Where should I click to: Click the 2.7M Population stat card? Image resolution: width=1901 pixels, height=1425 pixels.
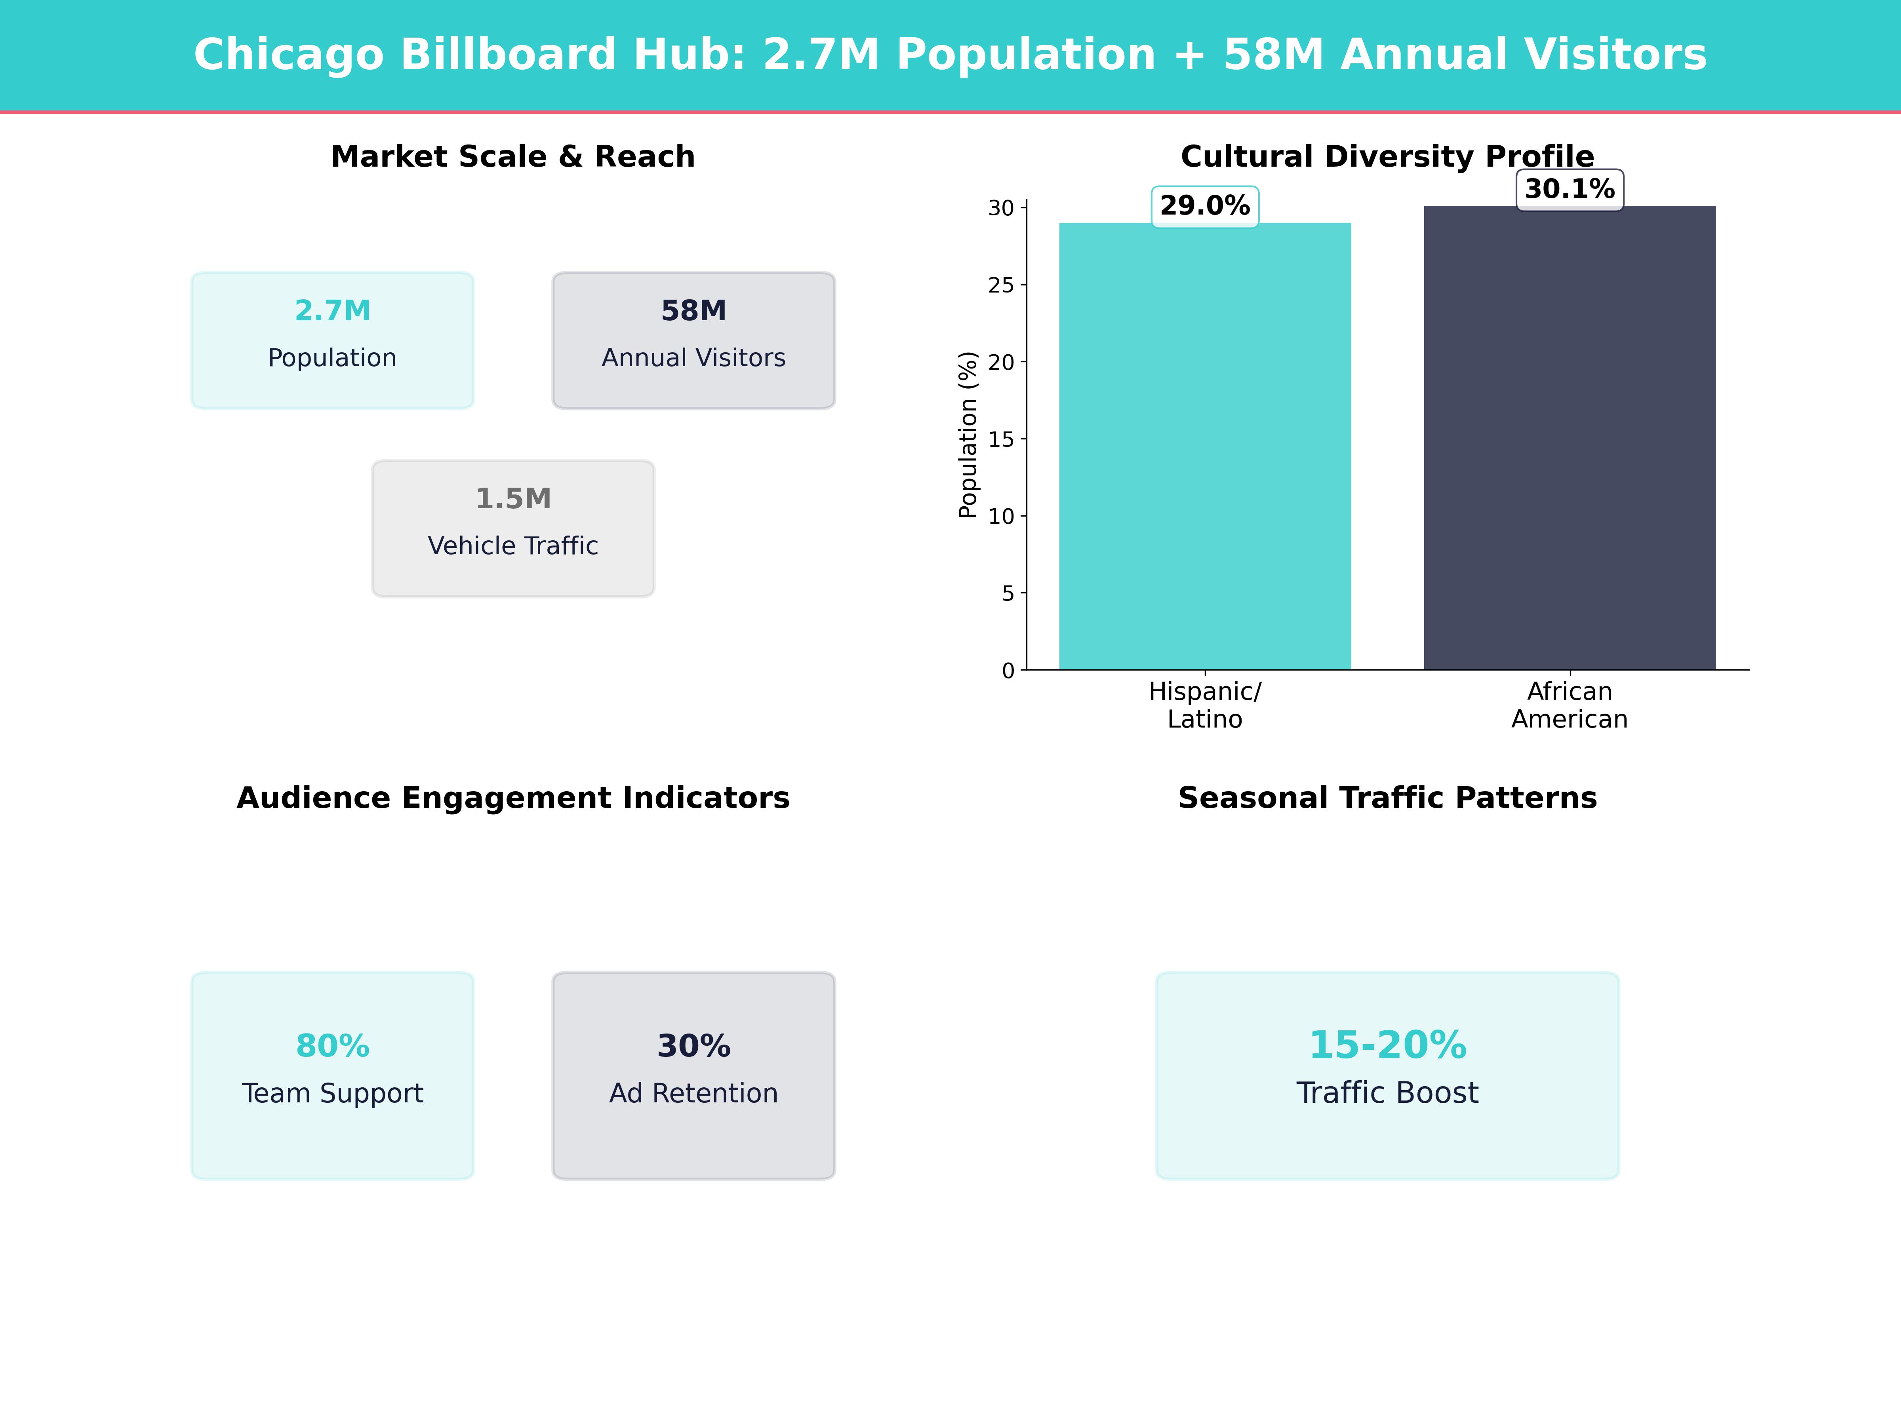(x=333, y=340)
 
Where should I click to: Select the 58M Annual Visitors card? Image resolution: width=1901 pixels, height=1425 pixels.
(x=693, y=340)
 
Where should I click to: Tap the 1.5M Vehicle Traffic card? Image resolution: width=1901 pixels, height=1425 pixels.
(x=513, y=528)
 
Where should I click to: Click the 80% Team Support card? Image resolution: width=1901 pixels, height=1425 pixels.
(x=333, y=1075)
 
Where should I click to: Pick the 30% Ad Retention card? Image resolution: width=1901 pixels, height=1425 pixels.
(x=693, y=1075)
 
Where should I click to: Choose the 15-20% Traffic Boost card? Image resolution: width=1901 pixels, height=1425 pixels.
(x=1387, y=1075)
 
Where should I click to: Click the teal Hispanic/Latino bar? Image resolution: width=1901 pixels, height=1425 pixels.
(x=1205, y=446)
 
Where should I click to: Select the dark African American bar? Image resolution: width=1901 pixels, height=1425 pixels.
(x=1569, y=438)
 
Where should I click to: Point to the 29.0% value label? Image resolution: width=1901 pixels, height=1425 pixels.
(x=1205, y=206)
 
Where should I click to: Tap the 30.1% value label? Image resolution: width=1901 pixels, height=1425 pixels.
(x=1569, y=189)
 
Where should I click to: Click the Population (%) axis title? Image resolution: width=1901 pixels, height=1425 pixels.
(x=969, y=435)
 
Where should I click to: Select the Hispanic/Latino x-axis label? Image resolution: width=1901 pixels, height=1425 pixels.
(x=1205, y=705)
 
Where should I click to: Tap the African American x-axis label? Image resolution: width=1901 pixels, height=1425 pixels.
(x=1569, y=705)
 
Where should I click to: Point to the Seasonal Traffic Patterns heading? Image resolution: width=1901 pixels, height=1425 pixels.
(x=1387, y=798)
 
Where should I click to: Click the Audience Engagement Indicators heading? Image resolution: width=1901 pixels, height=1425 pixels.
(x=513, y=798)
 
